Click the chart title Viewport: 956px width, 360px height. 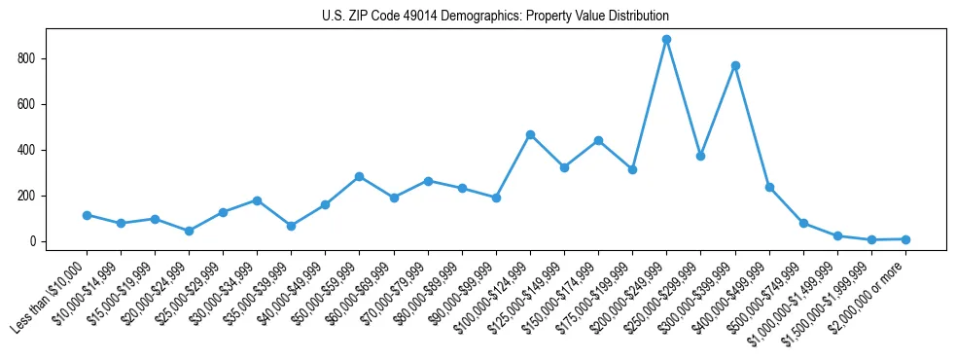(495, 17)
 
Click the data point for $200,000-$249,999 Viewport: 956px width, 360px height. (666, 40)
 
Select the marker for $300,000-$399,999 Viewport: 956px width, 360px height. (735, 65)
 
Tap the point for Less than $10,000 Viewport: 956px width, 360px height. (87, 215)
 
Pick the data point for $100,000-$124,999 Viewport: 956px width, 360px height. (530, 134)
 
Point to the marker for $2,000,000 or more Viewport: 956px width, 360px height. (905, 239)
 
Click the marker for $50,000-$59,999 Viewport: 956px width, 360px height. (359, 176)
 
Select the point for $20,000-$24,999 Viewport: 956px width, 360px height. (189, 231)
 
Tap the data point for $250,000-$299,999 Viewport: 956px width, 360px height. (700, 156)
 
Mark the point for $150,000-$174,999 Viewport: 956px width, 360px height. (598, 140)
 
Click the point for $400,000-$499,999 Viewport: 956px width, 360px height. (769, 187)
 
